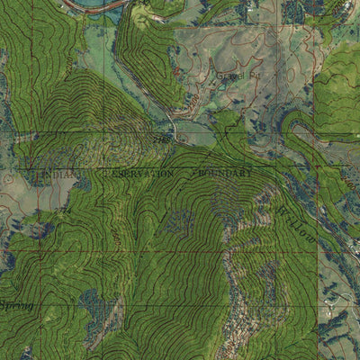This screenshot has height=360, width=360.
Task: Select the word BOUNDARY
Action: [x=226, y=170]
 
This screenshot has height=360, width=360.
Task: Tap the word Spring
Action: [x=16, y=308]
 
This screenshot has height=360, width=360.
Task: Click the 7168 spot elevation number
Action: [x=163, y=140]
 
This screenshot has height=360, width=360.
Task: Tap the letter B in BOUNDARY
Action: [x=201, y=170]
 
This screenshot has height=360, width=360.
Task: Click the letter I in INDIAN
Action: [x=42, y=171]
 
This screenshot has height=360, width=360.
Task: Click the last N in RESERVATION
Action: [x=170, y=171]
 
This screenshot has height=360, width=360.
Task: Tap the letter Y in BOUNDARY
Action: [x=251, y=170]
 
